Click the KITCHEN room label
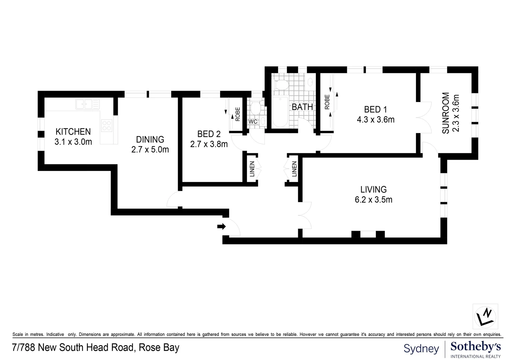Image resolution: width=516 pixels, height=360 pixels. pyautogui.click(x=73, y=131)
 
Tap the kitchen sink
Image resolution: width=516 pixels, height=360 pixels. pyautogui.click(x=87, y=104)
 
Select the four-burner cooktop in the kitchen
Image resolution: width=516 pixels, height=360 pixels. pyautogui.click(x=107, y=125)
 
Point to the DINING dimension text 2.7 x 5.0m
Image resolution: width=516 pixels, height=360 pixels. pyautogui.click(x=150, y=149)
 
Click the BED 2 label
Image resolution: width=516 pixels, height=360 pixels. pyautogui.click(x=209, y=134)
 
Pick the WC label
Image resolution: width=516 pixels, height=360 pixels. pyautogui.click(x=253, y=122)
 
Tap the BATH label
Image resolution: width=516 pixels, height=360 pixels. pyautogui.click(x=302, y=107)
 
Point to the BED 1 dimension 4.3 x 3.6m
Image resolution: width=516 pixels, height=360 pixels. pyautogui.click(x=376, y=119)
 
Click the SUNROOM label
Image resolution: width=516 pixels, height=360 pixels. pyautogui.click(x=446, y=113)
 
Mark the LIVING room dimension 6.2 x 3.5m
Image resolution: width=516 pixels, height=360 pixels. pyautogui.click(x=374, y=200)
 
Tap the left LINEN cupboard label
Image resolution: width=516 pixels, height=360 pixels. pyautogui.click(x=252, y=169)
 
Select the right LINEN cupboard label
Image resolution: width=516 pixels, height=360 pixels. pyautogui.click(x=294, y=169)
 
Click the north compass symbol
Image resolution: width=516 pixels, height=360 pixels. pyautogui.click(x=485, y=317)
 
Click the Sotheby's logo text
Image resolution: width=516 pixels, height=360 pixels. pyautogui.click(x=475, y=347)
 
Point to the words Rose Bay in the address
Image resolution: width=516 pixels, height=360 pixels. pyautogui.click(x=159, y=348)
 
